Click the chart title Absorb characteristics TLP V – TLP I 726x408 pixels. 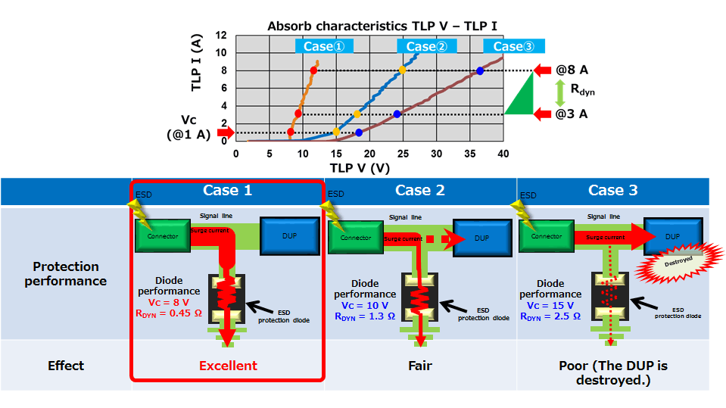382,26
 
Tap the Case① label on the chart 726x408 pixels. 323,46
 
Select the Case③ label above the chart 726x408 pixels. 513,46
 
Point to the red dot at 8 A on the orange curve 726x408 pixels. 313,70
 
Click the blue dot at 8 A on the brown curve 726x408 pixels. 480,71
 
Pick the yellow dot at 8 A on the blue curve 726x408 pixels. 403,70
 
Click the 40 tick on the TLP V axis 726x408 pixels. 503,154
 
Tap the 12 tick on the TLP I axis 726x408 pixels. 221,36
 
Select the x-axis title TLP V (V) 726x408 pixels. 360,167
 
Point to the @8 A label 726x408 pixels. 571,70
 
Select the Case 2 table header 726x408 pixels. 420,190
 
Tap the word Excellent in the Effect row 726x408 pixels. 228,366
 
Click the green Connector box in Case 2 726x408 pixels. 355,237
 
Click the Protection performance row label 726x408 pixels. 66,273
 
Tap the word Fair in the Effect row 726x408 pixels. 420,366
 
